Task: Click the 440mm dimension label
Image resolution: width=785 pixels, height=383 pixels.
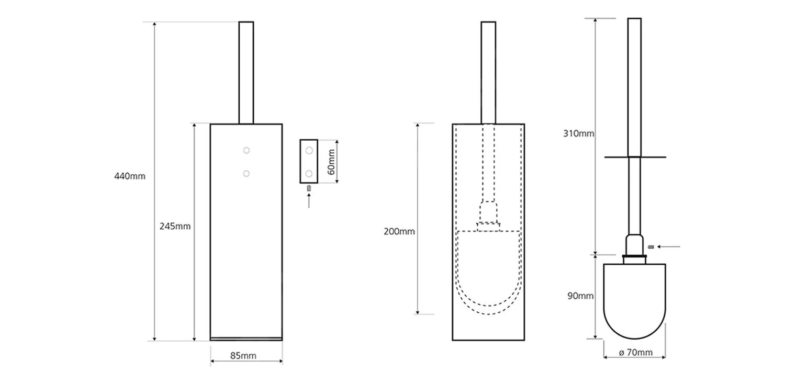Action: click(x=130, y=176)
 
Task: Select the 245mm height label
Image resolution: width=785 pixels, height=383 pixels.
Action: click(x=175, y=227)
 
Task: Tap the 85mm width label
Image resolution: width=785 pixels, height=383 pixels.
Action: click(x=243, y=356)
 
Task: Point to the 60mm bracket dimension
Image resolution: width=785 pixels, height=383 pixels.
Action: click(x=330, y=162)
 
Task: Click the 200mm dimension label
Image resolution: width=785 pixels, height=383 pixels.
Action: click(x=399, y=231)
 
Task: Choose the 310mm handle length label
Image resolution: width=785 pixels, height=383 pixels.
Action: click(x=578, y=133)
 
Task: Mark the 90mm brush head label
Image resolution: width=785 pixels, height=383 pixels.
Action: click(x=580, y=296)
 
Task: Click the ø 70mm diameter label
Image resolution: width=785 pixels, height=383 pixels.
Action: click(x=636, y=353)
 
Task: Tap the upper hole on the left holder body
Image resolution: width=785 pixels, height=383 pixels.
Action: click(x=246, y=151)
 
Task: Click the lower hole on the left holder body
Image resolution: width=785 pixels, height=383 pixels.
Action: click(x=246, y=174)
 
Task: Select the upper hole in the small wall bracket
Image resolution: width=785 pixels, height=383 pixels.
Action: click(x=309, y=151)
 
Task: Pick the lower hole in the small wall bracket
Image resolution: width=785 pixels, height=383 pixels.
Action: click(x=309, y=173)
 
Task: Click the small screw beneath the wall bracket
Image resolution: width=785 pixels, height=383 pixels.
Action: click(x=309, y=188)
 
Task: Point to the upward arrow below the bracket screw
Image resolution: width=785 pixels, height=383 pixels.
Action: click(x=309, y=201)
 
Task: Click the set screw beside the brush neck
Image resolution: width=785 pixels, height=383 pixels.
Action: click(x=651, y=246)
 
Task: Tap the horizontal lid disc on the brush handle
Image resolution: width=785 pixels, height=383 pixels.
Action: click(x=635, y=157)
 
